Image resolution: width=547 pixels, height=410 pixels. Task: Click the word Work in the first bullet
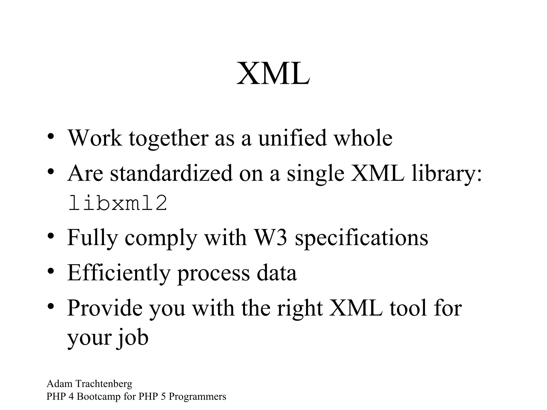tap(95, 138)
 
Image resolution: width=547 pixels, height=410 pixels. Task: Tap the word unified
tap(292, 138)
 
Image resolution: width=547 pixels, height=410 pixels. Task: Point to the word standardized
tap(171, 173)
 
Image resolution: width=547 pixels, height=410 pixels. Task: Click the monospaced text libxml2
tap(118, 203)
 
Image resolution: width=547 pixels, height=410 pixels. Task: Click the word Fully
tap(92, 238)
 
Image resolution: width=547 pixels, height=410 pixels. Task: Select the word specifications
tap(361, 238)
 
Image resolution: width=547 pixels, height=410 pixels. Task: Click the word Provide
tap(104, 308)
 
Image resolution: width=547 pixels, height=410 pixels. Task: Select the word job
tap(132, 337)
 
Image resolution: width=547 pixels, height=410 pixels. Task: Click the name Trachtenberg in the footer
tap(104, 384)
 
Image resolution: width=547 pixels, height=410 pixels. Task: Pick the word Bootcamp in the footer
tap(99, 396)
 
